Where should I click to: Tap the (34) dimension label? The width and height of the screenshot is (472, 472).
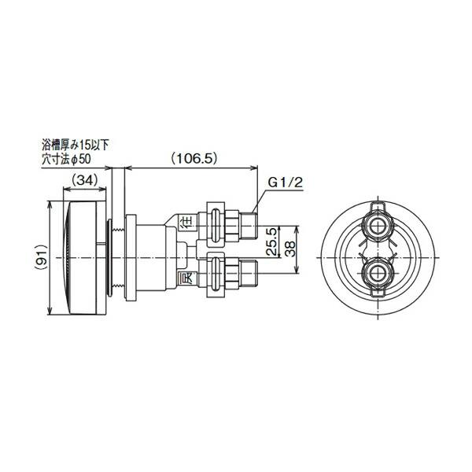84,181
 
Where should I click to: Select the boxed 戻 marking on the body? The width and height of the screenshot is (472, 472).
186,278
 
